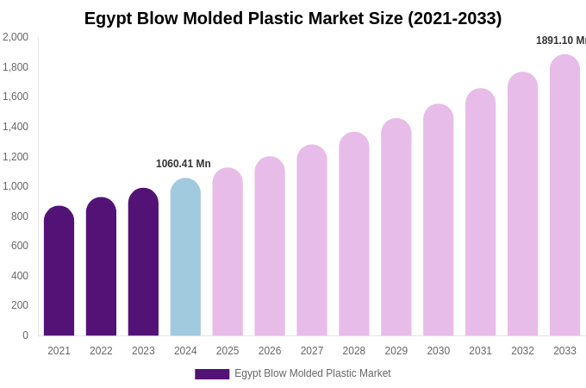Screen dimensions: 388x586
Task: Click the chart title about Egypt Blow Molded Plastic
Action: click(293, 18)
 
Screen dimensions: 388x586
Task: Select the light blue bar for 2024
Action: click(185, 259)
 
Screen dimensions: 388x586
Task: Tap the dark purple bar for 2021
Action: click(59, 272)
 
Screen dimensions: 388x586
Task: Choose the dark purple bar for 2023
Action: click(143, 263)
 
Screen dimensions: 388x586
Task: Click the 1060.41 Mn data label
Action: click(184, 164)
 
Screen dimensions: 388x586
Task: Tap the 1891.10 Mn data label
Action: click(560, 41)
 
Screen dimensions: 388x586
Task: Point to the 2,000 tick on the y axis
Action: click(16, 37)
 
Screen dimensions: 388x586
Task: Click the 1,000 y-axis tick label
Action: click(16, 186)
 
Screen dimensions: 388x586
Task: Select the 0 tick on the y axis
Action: click(25, 335)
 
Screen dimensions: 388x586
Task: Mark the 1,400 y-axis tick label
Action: click(16, 127)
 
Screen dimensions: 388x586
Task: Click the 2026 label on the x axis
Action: click(270, 351)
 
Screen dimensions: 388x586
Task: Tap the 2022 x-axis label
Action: click(101, 351)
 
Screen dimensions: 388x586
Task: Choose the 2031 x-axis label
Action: click(480, 351)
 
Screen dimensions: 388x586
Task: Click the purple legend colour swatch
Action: click(212, 374)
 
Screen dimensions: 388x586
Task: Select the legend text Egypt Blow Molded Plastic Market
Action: click(313, 373)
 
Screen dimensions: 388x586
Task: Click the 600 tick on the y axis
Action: click(19, 246)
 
